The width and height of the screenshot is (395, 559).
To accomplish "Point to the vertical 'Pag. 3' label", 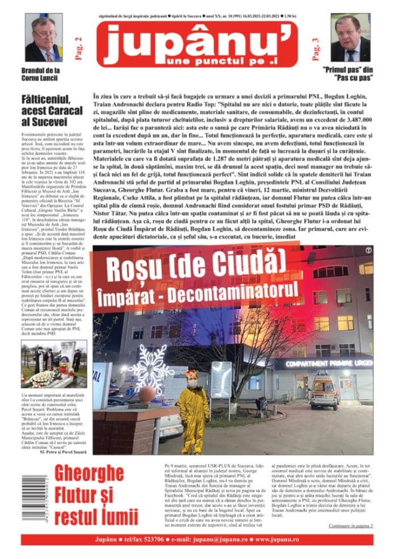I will (316, 48).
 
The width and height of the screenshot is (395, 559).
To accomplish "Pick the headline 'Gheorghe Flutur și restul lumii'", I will (96, 494).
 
